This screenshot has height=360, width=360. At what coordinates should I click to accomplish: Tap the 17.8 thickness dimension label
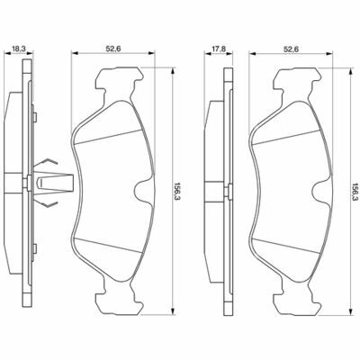pyautogui.click(x=219, y=49)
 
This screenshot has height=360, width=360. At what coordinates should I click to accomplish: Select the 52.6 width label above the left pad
pyautogui.click(x=113, y=49)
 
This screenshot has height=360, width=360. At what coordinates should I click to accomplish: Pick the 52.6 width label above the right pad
pyautogui.click(x=291, y=49)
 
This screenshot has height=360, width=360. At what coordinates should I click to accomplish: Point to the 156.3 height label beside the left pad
pyautogui.click(x=177, y=191)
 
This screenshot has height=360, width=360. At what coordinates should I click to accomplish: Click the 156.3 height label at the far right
pyautogui.click(x=355, y=191)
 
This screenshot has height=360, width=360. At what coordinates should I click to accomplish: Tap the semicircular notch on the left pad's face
pyautogui.click(x=141, y=191)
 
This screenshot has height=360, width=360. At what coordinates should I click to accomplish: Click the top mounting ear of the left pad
pyautogui.click(x=119, y=83)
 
